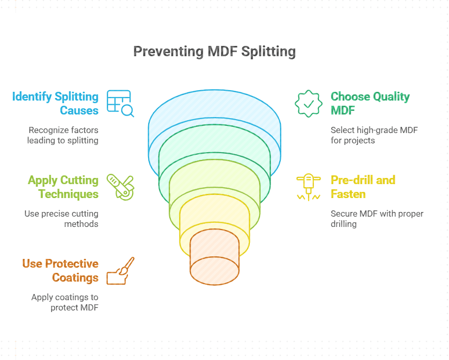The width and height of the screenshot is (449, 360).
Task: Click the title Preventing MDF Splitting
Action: click(214, 52)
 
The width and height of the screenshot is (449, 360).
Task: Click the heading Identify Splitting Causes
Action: click(55, 103)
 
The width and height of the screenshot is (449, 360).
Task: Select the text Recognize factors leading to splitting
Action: click(63, 135)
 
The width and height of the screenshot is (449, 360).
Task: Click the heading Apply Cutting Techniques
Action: click(63, 187)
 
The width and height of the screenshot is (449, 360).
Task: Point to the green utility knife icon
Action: click(120, 186)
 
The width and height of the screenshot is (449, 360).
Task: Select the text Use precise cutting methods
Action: click(61, 219)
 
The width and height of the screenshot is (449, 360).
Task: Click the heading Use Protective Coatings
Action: click(60, 270)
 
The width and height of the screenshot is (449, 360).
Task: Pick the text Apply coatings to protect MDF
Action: click(65, 302)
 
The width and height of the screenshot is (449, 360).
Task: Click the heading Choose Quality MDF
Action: click(370, 103)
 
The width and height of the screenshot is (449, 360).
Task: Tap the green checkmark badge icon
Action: click(308, 103)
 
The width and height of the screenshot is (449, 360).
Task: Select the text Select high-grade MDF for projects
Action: click(374, 135)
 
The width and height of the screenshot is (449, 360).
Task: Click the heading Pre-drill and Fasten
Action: click(363, 187)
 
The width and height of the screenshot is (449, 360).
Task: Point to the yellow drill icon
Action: click(308, 186)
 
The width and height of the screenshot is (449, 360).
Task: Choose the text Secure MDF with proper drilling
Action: click(377, 219)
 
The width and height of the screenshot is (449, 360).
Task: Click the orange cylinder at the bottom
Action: click(215, 258)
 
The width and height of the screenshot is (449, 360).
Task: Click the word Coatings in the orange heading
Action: click(75, 277)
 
